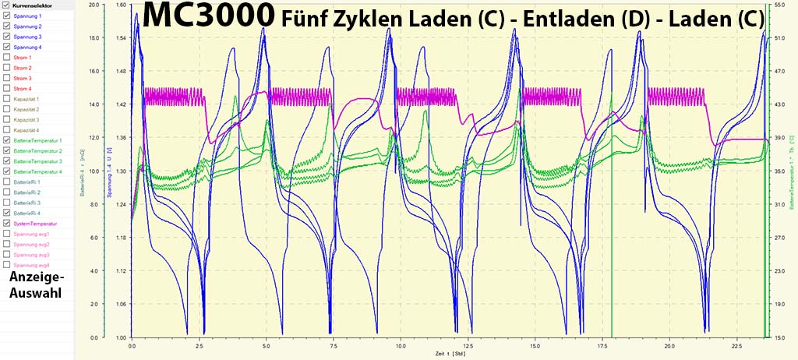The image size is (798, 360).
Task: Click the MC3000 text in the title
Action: tap(208, 16)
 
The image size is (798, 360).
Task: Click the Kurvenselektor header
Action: tap(34, 5)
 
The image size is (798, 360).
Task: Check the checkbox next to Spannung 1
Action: tap(7, 16)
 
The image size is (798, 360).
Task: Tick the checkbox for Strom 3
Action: tap(7, 78)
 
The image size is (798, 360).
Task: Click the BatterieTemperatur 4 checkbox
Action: tap(7, 171)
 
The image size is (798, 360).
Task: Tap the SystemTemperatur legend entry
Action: tap(34, 223)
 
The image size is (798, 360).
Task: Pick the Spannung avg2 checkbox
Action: tap(7, 244)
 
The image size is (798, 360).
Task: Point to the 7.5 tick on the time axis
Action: tap(334, 344)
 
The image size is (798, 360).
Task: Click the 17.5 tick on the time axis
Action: tap(602, 344)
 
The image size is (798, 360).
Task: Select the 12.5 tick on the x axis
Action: tap(468, 344)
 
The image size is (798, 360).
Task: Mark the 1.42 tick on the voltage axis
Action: tap(122, 104)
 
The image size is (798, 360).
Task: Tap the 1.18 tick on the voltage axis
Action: tap(122, 237)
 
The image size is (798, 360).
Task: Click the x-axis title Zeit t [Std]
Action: tap(450, 353)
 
